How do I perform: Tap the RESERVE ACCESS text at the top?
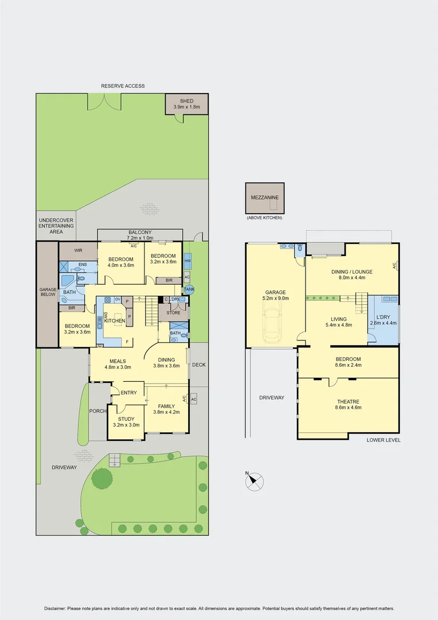click(x=123, y=86)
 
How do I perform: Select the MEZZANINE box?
click(x=265, y=198)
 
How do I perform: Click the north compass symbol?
click(x=255, y=481)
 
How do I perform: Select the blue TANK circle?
click(x=189, y=290)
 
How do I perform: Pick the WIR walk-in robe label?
click(x=78, y=251)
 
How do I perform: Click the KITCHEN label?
click(x=115, y=320)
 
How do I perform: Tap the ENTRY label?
click(x=129, y=393)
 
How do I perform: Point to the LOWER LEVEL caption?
click(x=384, y=440)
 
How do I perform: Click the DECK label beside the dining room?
click(x=198, y=365)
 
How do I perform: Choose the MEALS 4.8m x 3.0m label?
click(x=115, y=365)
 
